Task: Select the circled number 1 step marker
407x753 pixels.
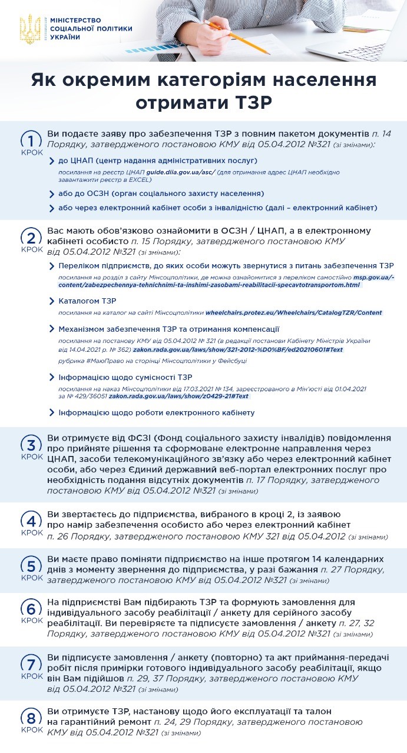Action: (31, 141)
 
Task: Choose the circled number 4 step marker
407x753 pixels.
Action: (31, 520)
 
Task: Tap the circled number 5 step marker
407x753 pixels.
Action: (31, 565)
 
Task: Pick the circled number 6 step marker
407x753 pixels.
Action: (31, 608)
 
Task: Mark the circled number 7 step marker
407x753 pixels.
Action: (31, 664)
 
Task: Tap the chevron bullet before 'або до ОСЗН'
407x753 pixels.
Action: (52, 194)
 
